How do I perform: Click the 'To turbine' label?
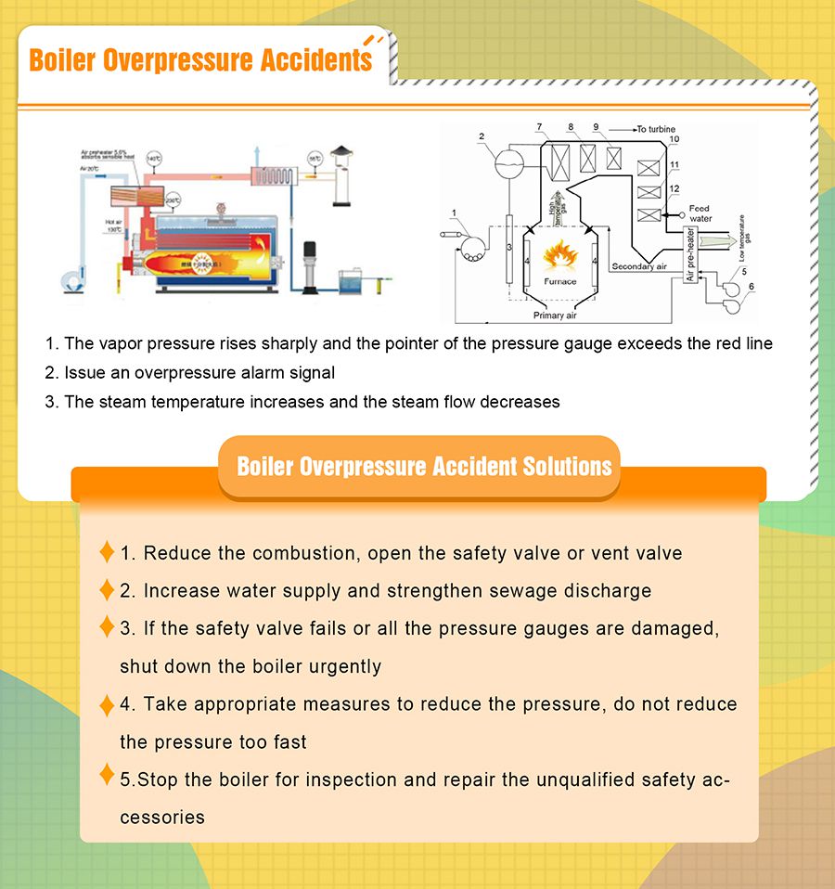(656, 128)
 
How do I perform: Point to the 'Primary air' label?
(555, 316)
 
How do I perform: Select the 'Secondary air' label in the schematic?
(639, 266)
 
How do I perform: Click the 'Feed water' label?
(700, 213)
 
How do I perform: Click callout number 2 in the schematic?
(482, 136)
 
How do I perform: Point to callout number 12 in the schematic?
(674, 188)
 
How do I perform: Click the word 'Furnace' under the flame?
(559, 281)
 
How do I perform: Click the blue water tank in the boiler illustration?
(353, 278)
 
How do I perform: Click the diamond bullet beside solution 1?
(107, 552)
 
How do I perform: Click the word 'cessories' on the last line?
(161, 818)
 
